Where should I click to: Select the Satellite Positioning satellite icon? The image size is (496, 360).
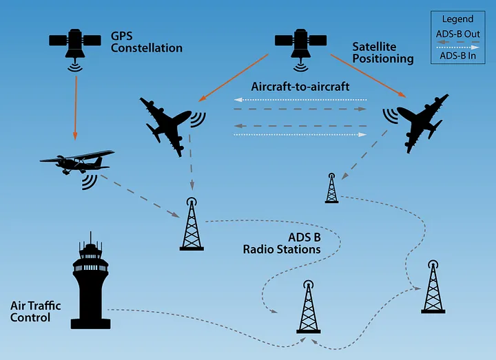(300, 43)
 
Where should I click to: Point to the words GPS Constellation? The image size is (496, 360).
(146, 43)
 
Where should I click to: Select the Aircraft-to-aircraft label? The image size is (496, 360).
(300, 86)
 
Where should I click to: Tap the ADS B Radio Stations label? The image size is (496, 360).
(282, 243)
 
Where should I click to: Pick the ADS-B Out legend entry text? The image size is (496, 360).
(457, 33)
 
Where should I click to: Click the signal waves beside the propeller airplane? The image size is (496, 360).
(88, 180)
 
